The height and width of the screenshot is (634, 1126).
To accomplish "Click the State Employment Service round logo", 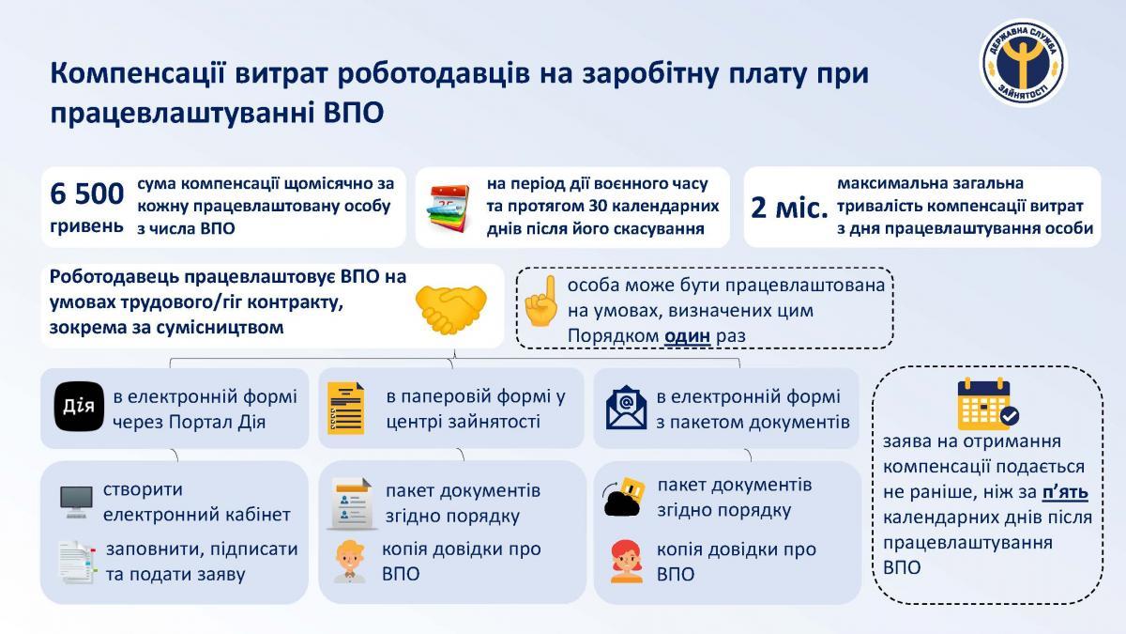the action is pos(1024,63).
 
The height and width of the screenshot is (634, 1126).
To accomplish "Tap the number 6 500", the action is pos(86,193).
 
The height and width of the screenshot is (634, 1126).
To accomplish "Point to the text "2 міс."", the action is pos(789,208).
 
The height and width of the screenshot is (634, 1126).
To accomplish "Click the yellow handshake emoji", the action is pos(451,308).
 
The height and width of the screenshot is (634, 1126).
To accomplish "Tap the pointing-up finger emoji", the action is pos(540,301).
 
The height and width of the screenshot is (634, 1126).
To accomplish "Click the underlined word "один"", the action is pos(687,335).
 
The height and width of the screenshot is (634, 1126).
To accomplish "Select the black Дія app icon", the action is pos(79,407).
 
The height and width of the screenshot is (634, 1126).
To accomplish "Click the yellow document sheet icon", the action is pos(346,408).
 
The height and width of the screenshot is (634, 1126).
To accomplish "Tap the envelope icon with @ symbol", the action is pos(627,407).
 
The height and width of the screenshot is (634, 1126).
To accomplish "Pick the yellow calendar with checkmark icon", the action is pos(987,403).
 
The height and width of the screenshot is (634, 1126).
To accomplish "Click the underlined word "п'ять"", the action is pos(1065,491).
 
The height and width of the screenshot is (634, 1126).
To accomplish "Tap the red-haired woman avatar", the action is pos(627,561).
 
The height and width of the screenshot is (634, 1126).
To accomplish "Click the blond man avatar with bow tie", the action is pos(350,562).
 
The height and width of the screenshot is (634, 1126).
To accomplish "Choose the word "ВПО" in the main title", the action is pos(354,113).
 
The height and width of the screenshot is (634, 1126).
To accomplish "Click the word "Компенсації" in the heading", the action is pos(138,74).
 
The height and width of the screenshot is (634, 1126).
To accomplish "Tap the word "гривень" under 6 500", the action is pos(86,226).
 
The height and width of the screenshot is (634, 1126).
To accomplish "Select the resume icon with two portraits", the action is pos(352,503).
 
